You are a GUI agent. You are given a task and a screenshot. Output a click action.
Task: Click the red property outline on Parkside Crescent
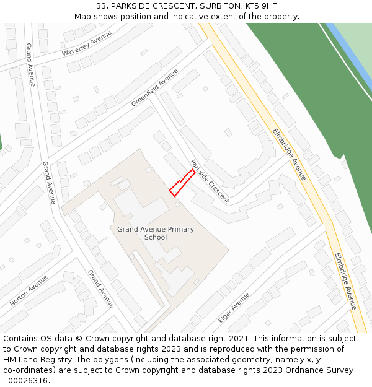181,183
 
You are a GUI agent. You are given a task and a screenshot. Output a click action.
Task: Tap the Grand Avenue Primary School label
156,233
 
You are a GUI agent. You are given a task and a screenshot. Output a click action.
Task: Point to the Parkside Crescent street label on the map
210,181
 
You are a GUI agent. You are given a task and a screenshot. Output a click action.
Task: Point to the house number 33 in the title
102,6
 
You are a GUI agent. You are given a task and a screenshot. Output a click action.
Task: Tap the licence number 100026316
25,381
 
